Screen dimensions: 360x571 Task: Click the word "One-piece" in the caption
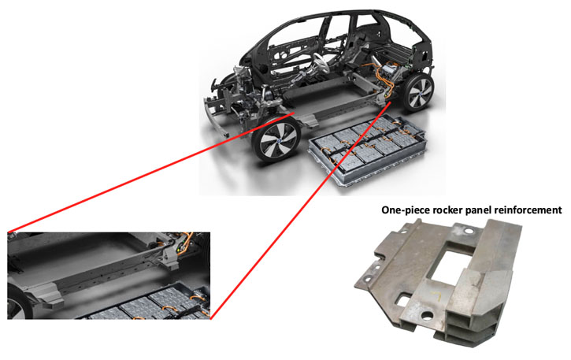[x=407, y=210]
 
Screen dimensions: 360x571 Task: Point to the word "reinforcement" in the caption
[x=535, y=210]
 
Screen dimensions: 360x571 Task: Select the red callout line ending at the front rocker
[x=158, y=173]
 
